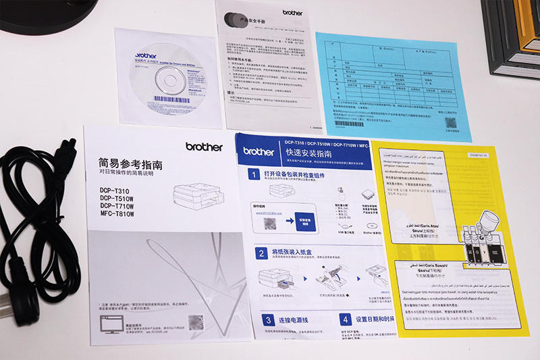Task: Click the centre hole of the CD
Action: point(169,80)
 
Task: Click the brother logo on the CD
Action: point(146,56)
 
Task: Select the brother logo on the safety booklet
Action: point(292,12)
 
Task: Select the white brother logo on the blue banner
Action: point(259,151)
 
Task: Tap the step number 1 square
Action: point(252,175)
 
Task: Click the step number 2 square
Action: point(260,253)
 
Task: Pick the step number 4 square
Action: point(345,319)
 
